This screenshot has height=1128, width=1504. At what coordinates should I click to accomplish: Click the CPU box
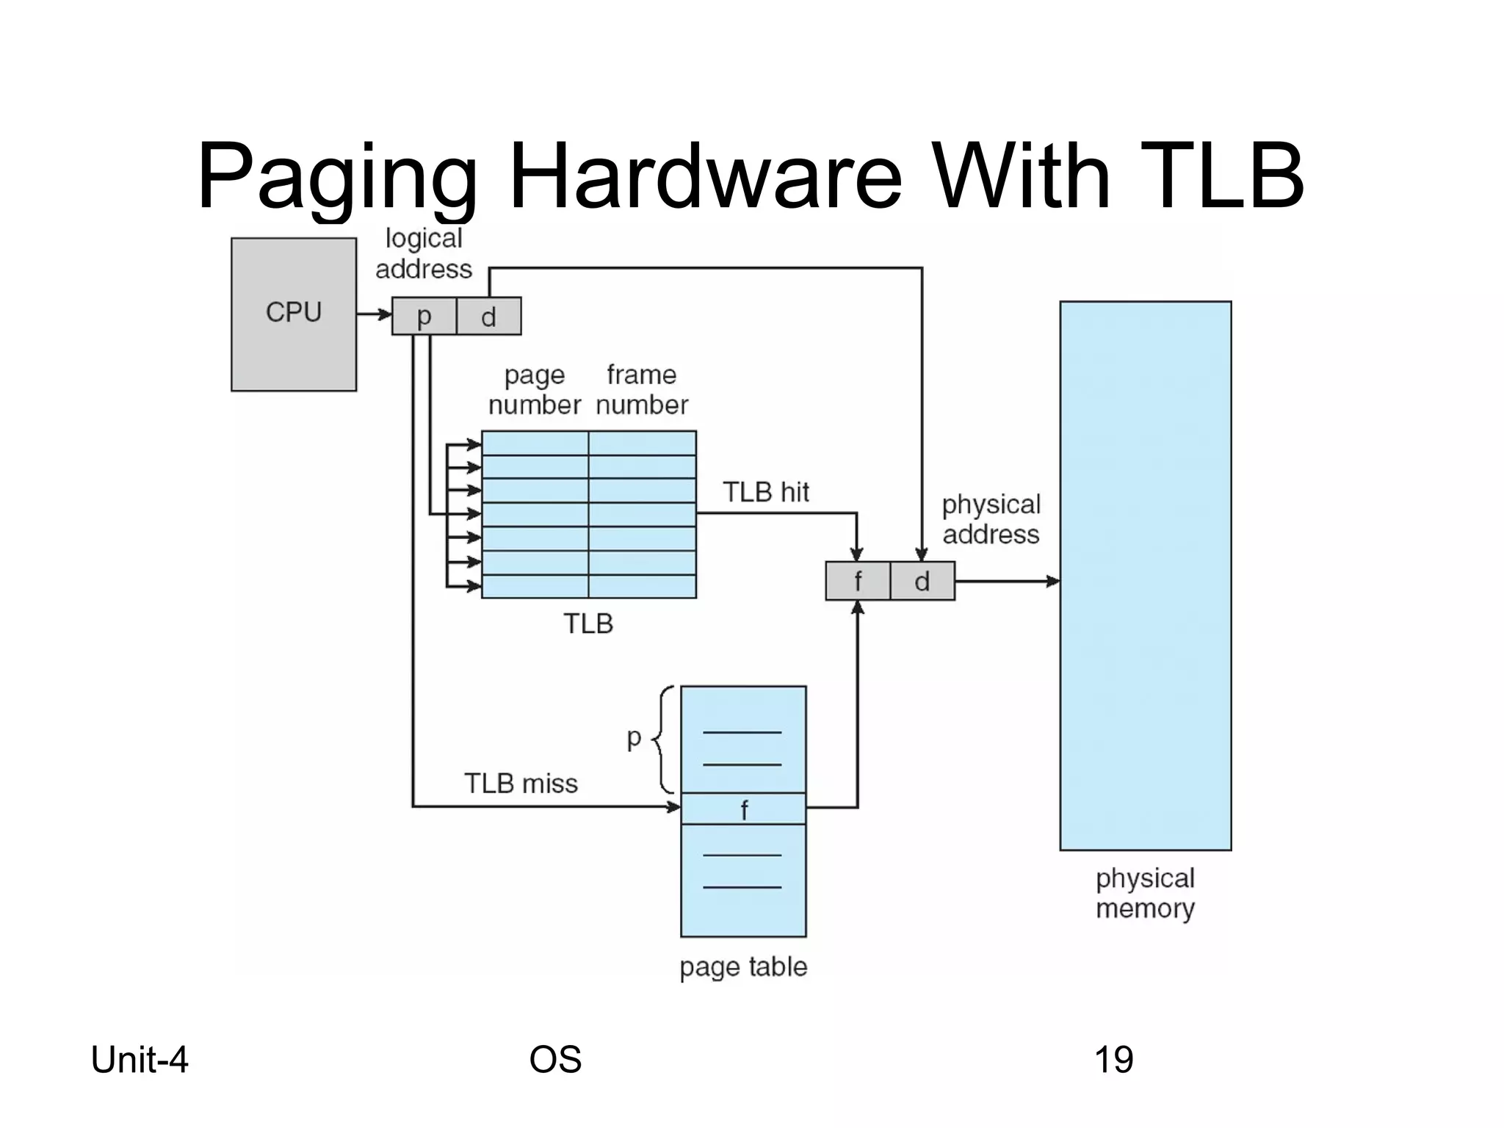click(293, 314)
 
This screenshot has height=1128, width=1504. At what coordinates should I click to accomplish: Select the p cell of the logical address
click(424, 317)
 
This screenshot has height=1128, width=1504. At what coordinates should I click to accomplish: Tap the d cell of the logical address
click(488, 317)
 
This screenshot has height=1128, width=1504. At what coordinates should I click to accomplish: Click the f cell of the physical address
click(857, 581)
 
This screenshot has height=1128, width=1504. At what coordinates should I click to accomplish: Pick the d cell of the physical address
click(922, 581)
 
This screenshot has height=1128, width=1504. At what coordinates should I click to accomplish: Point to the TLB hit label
click(765, 492)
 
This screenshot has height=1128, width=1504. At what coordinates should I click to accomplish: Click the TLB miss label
click(521, 784)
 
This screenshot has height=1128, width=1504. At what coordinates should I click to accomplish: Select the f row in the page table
click(743, 809)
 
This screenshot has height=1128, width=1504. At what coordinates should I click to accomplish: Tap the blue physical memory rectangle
click(1145, 575)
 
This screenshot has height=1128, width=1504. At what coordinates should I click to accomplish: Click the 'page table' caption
click(743, 966)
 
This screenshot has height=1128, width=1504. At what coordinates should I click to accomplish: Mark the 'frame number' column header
click(641, 390)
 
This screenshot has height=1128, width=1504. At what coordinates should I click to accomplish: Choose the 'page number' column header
click(535, 390)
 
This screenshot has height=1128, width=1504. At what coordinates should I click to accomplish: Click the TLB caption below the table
click(588, 623)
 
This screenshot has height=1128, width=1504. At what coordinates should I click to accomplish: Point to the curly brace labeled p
click(663, 740)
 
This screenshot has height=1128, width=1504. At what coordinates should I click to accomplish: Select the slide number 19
click(1113, 1060)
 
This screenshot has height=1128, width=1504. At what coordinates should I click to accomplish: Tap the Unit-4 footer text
click(140, 1060)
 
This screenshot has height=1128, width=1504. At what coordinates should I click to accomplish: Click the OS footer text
click(555, 1060)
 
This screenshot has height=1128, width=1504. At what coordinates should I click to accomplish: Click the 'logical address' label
click(424, 254)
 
